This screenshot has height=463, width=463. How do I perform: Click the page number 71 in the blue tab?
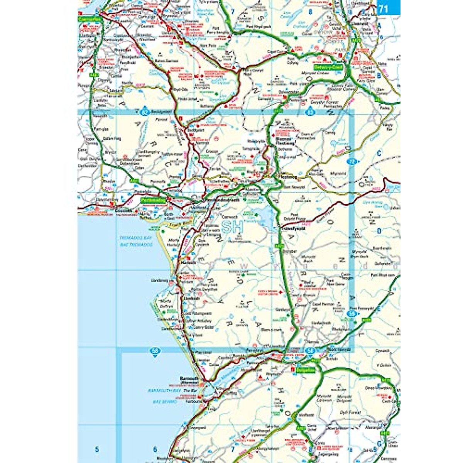pos(383,8)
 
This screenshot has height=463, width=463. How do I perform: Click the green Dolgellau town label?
pos(305,370)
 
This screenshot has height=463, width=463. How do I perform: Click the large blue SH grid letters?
pos(233,227)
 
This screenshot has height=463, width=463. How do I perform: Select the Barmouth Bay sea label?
pos(164,390)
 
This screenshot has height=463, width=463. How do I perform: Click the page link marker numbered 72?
pos(351,161)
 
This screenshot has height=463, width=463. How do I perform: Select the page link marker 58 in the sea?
pos(155,351)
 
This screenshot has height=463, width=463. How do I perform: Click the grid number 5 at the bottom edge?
pos(97,449)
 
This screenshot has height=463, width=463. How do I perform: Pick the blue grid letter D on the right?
pos(379,231)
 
